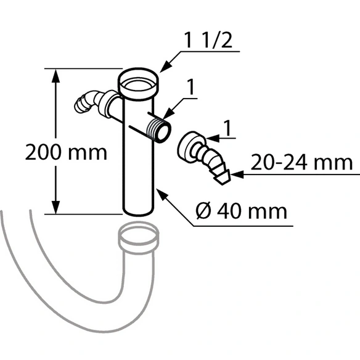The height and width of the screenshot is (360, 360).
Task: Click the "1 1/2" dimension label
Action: tap(208, 41)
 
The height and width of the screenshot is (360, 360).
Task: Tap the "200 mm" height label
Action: tap(66, 152)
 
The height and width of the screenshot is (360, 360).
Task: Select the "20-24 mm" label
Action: tap(301, 162)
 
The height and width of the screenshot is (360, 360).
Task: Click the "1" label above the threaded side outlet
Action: tap(190, 87)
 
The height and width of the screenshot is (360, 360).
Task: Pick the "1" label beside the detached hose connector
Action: tap(227, 128)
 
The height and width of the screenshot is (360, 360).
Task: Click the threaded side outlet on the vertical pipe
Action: tap(159, 130)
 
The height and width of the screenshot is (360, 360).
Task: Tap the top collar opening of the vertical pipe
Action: tap(138, 84)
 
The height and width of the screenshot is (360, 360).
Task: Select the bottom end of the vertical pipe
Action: tap(138, 211)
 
